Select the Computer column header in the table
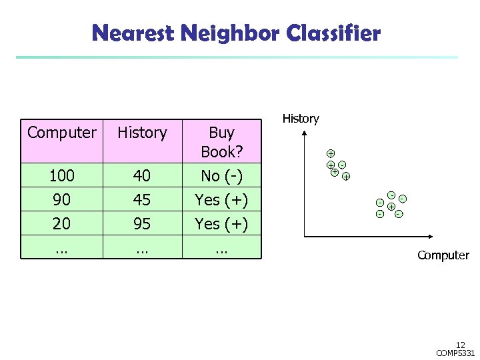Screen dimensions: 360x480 [61, 133]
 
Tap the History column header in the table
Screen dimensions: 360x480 [142, 133]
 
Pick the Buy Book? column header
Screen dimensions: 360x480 [221, 141]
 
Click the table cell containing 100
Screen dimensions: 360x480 [61, 176]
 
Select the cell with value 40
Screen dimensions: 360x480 [142, 176]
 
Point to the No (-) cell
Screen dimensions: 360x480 [221, 176]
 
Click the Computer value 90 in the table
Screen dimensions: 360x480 [61, 200]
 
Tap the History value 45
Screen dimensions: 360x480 [142, 200]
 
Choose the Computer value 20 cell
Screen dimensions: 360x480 [61, 224]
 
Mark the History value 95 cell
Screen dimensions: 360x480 [142, 224]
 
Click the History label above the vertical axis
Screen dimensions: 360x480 [301, 119]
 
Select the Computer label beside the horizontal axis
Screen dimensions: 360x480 [443, 255]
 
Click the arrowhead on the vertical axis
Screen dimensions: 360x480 [305, 133]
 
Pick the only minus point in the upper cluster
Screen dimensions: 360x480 [341, 164]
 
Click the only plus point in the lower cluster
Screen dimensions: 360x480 [391, 207]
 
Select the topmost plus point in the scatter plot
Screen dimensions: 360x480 [330, 153]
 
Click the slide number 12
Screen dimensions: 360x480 [461, 345]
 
